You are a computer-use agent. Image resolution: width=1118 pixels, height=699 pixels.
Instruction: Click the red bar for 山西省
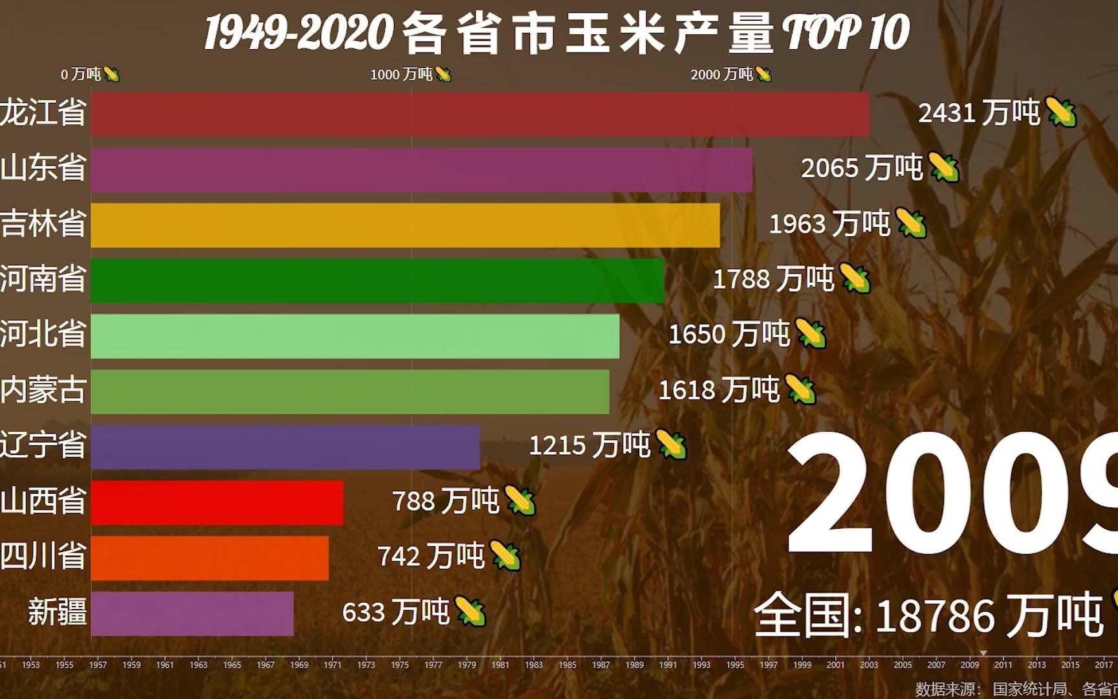click(x=217, y=502)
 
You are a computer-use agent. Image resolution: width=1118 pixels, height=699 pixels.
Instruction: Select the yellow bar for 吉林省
click(x=405, y=225)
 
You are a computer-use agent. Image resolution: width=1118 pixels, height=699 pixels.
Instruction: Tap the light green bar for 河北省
click(x=355, y=336)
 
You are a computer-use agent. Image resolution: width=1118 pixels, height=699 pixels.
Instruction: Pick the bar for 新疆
click(x=192, y=613)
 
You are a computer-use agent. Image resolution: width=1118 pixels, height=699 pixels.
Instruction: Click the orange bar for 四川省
click(x=210, y=558)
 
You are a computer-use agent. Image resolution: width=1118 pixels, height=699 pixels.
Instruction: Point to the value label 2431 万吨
click(x=978, y=113)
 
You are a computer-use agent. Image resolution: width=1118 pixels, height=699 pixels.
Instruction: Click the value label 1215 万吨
click(x=589, y=445)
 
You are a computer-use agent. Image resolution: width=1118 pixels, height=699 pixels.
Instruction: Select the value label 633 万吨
click(x=395, y=612)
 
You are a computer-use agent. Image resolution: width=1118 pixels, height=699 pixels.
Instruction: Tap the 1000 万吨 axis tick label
click(x=401, y=74)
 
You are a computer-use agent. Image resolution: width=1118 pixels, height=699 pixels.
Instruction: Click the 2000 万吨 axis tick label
click(x=721, y=74)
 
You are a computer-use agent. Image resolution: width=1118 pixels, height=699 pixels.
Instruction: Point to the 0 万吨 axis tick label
click(x=81, y=74)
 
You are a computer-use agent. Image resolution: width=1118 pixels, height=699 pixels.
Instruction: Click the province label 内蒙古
click(x=43, y=390)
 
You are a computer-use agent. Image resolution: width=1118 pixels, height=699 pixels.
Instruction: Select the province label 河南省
click(x=43, y=280)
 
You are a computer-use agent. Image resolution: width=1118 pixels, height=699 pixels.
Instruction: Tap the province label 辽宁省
click(x=43, y=445)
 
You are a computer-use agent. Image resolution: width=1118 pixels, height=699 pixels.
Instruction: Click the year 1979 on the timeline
click(x=466, y=665)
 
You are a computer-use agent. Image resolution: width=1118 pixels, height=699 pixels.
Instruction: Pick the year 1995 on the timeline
click(x=735, y=665)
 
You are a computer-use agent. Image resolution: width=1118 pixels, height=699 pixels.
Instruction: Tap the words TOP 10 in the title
click(x=846, y=32)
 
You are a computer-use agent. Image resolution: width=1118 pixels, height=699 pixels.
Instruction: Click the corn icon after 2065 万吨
click(x=944, y=168)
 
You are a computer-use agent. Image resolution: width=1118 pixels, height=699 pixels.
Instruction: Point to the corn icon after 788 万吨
click(x=520, y=501)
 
